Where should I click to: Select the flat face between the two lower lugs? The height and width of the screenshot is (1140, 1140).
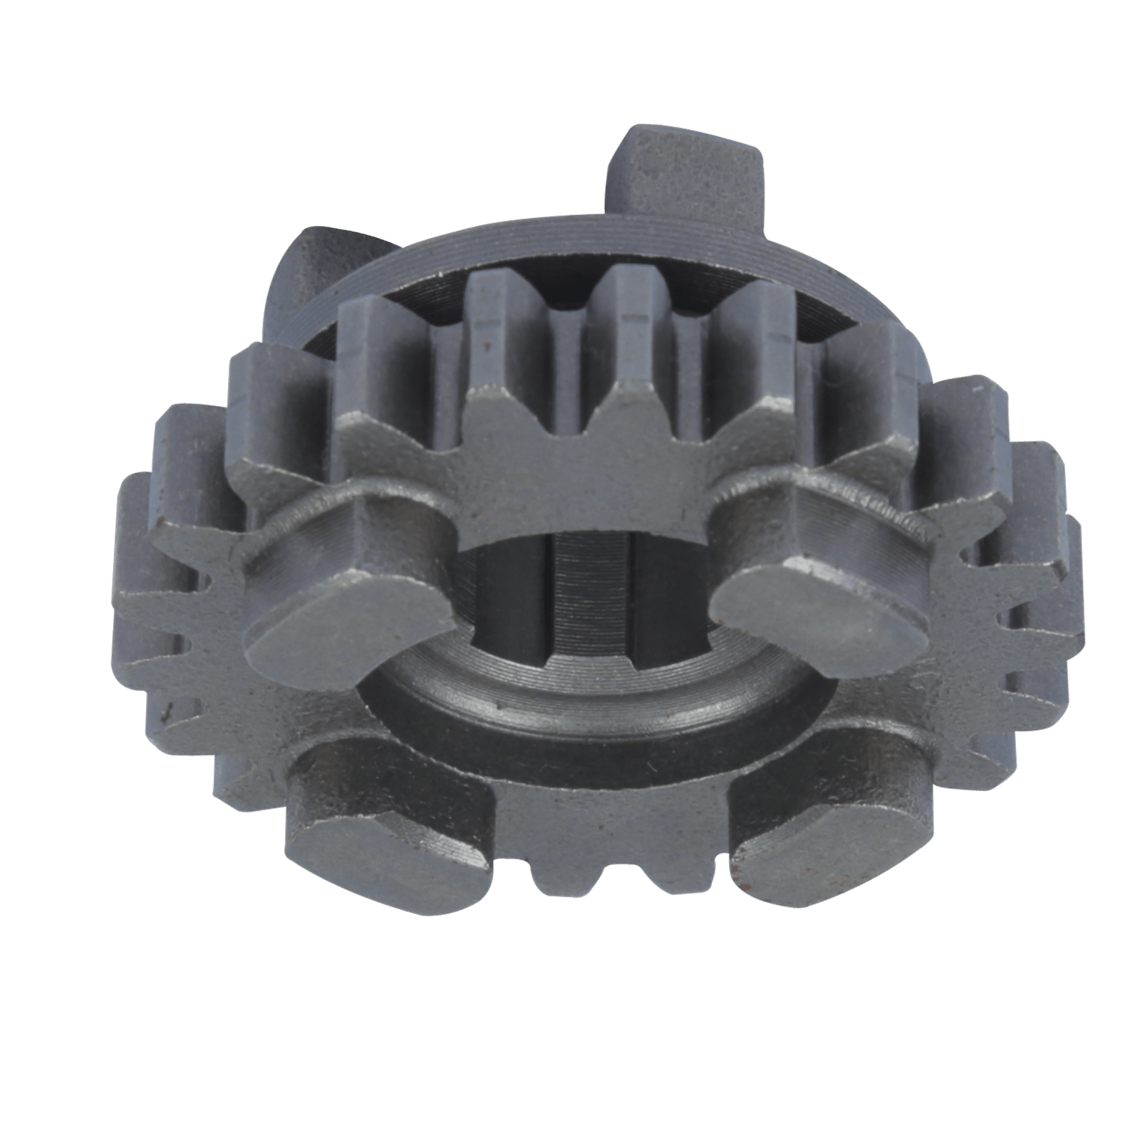606,805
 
